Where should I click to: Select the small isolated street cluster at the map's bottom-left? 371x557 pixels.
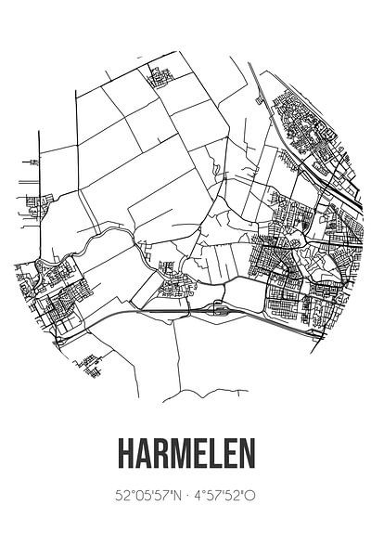[x=90, y=364]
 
